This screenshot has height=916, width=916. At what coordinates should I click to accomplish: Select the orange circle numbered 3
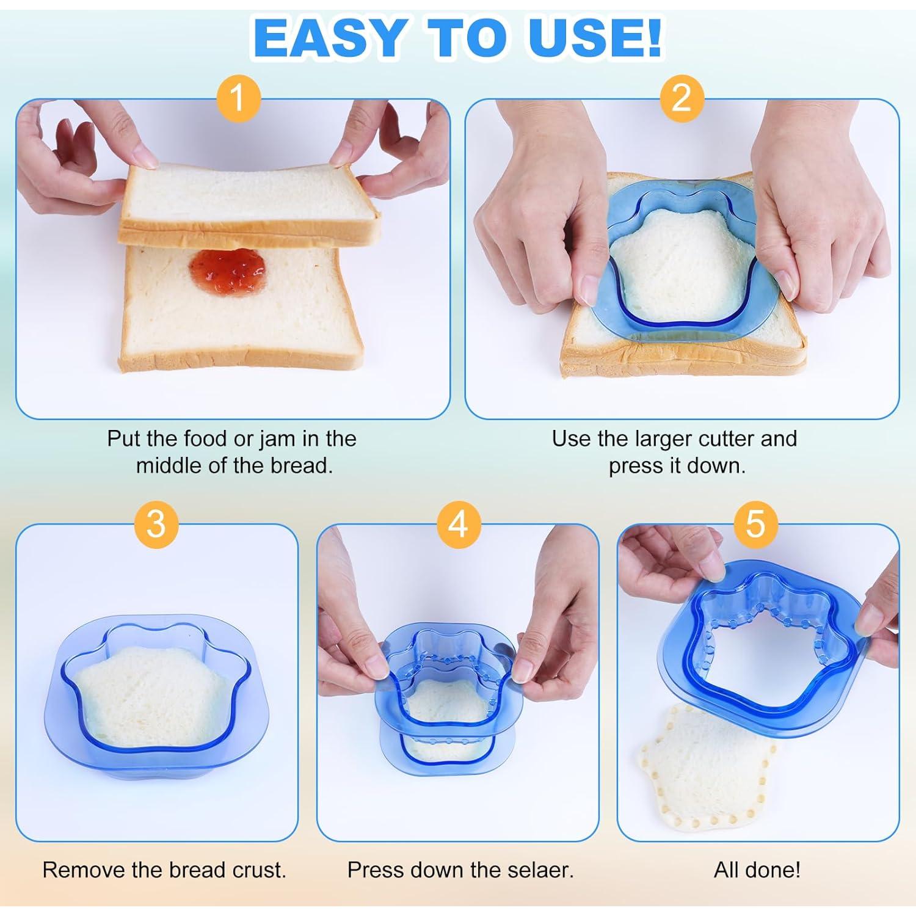click(x=156, y=523)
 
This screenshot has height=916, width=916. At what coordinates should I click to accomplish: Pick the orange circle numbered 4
click(x=458, y=523)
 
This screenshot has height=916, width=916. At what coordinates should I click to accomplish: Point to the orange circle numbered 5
click(x=755, y=523)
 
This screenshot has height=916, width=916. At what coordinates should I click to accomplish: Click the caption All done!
click(x=757, y=870)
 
